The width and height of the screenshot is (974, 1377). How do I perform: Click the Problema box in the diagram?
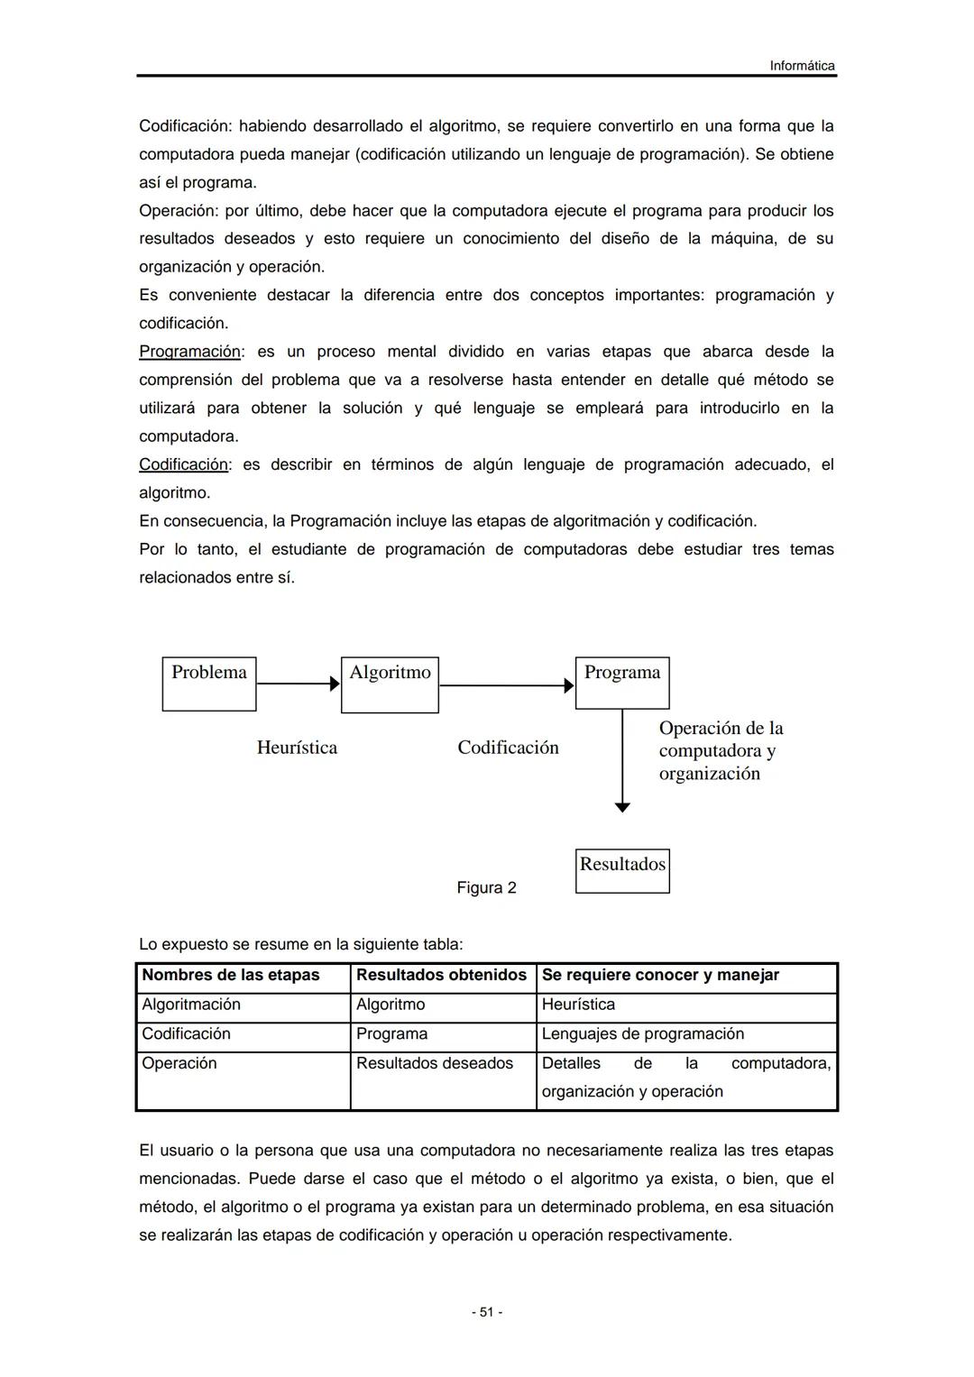pos(209,684)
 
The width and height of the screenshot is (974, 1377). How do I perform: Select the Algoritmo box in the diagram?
pos(390,684)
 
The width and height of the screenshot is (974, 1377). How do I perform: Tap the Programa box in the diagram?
pos(622,683)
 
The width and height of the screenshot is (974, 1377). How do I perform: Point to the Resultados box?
pos(622,870)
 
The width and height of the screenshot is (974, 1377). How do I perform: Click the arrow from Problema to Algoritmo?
pos(298,684)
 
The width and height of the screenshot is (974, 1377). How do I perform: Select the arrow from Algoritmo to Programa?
pos(506,685)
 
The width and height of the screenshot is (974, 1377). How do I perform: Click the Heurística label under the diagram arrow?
pos(297,748)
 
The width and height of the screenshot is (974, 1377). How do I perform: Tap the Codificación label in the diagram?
pos(508,748)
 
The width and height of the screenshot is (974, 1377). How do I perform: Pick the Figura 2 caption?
pos(486,888)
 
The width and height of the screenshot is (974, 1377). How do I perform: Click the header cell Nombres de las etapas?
pos(231,975)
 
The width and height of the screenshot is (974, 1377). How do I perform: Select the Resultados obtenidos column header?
pos(441,975)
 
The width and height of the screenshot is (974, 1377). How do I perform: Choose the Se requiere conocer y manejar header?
pos(660,975)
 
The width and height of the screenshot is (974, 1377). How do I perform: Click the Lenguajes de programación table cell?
pos(643,1033)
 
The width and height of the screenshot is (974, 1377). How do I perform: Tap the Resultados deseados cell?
pos(435,1063)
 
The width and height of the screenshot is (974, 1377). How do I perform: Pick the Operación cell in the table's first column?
pos(179,1063)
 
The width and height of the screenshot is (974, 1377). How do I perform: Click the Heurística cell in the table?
pos(578,1005)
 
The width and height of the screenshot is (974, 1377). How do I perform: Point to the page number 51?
pos(487,1312)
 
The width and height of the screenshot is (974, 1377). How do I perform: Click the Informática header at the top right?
pos(802,66)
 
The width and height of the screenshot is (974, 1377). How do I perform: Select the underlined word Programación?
pos(189,352)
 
